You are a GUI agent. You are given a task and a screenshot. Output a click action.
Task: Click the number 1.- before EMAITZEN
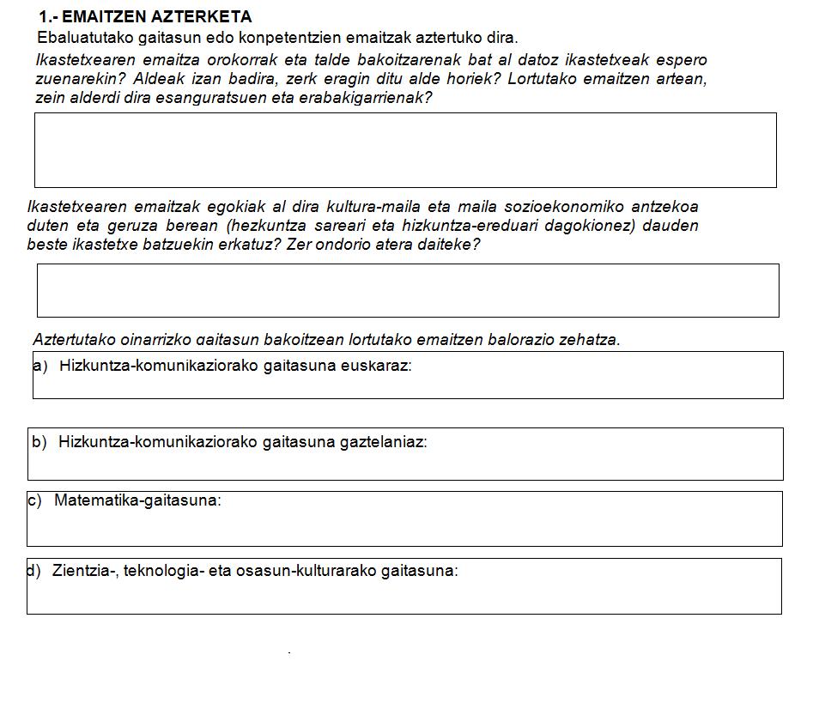tap(48, 17)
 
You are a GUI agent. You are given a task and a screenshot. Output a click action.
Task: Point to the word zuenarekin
tap(71, 79)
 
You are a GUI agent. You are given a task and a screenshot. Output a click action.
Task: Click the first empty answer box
tap(405, 150)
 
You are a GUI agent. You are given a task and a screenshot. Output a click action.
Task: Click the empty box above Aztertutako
tap(408, 290)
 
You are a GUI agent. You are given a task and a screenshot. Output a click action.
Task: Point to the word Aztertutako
tap(73, 340)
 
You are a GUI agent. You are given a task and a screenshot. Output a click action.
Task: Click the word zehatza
tap(589, 340)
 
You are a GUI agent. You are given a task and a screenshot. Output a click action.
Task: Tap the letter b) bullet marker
tap(39, 443)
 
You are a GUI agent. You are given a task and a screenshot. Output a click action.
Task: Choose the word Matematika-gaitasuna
tap(137, 500)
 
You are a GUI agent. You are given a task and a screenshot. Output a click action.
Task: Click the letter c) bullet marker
tap(34, 500)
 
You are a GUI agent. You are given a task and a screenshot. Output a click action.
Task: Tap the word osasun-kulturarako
tap(306, 571)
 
